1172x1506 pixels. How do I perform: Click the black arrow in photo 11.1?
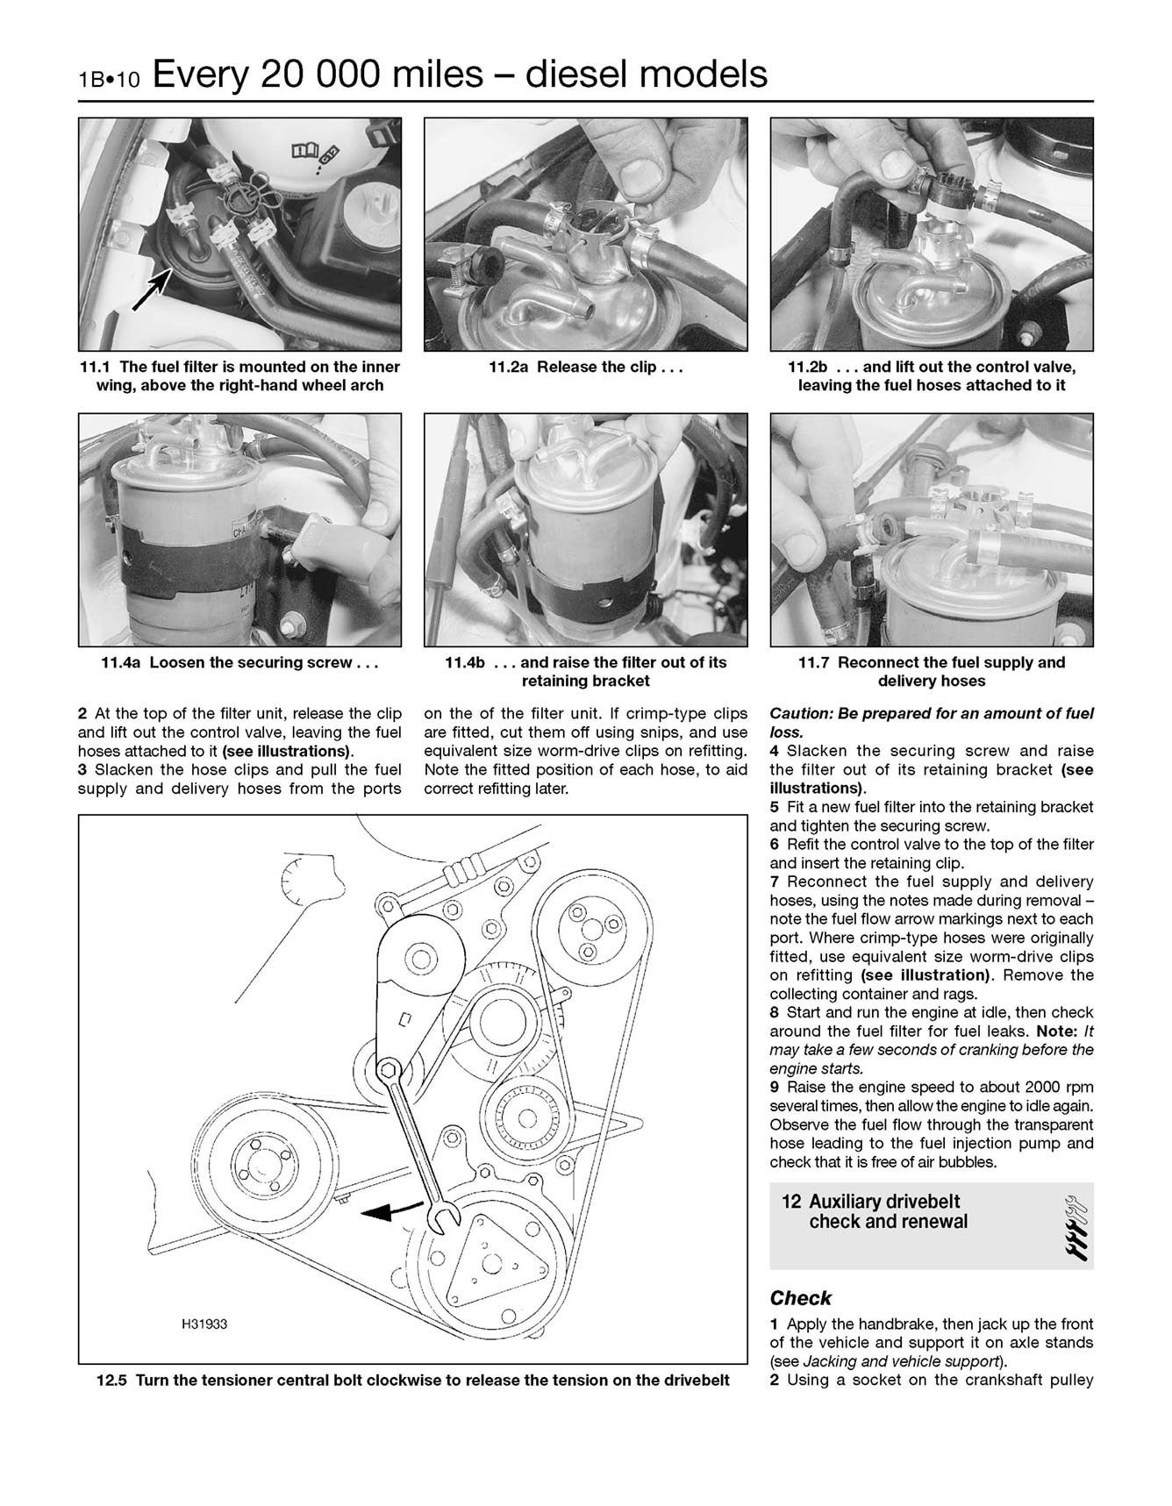[150, 290]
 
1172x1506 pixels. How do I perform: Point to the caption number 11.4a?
[121, 663]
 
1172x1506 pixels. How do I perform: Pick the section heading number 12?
[790, 1203]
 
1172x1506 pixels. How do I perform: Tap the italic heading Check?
[800, 1298]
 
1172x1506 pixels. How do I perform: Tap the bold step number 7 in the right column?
[775, 881]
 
